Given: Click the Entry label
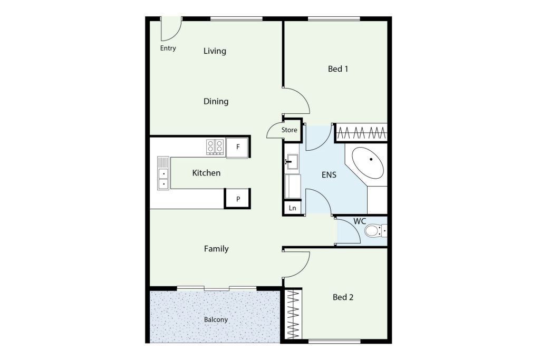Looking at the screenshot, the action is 168,48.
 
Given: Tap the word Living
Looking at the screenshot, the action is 215,51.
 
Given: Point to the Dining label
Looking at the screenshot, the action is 216,102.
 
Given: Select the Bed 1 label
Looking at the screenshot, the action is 338,69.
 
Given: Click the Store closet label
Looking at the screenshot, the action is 290,130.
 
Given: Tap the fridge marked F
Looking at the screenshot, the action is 237,147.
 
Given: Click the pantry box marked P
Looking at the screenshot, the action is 238,199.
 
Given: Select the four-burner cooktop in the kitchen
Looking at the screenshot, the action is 215,147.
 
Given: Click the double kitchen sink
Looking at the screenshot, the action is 163,173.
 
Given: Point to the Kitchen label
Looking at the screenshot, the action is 206,173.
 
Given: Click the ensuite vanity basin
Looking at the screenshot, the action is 292,162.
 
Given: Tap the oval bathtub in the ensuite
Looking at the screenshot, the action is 368,163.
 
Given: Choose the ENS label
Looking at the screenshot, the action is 329,175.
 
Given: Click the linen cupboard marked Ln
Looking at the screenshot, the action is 292,208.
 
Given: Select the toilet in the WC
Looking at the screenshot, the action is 375,230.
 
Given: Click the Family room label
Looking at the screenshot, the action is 216,248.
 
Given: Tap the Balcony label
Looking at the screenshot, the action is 216,320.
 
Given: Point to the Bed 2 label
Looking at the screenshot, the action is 343,297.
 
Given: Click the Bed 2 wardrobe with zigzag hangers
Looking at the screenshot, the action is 293,315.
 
